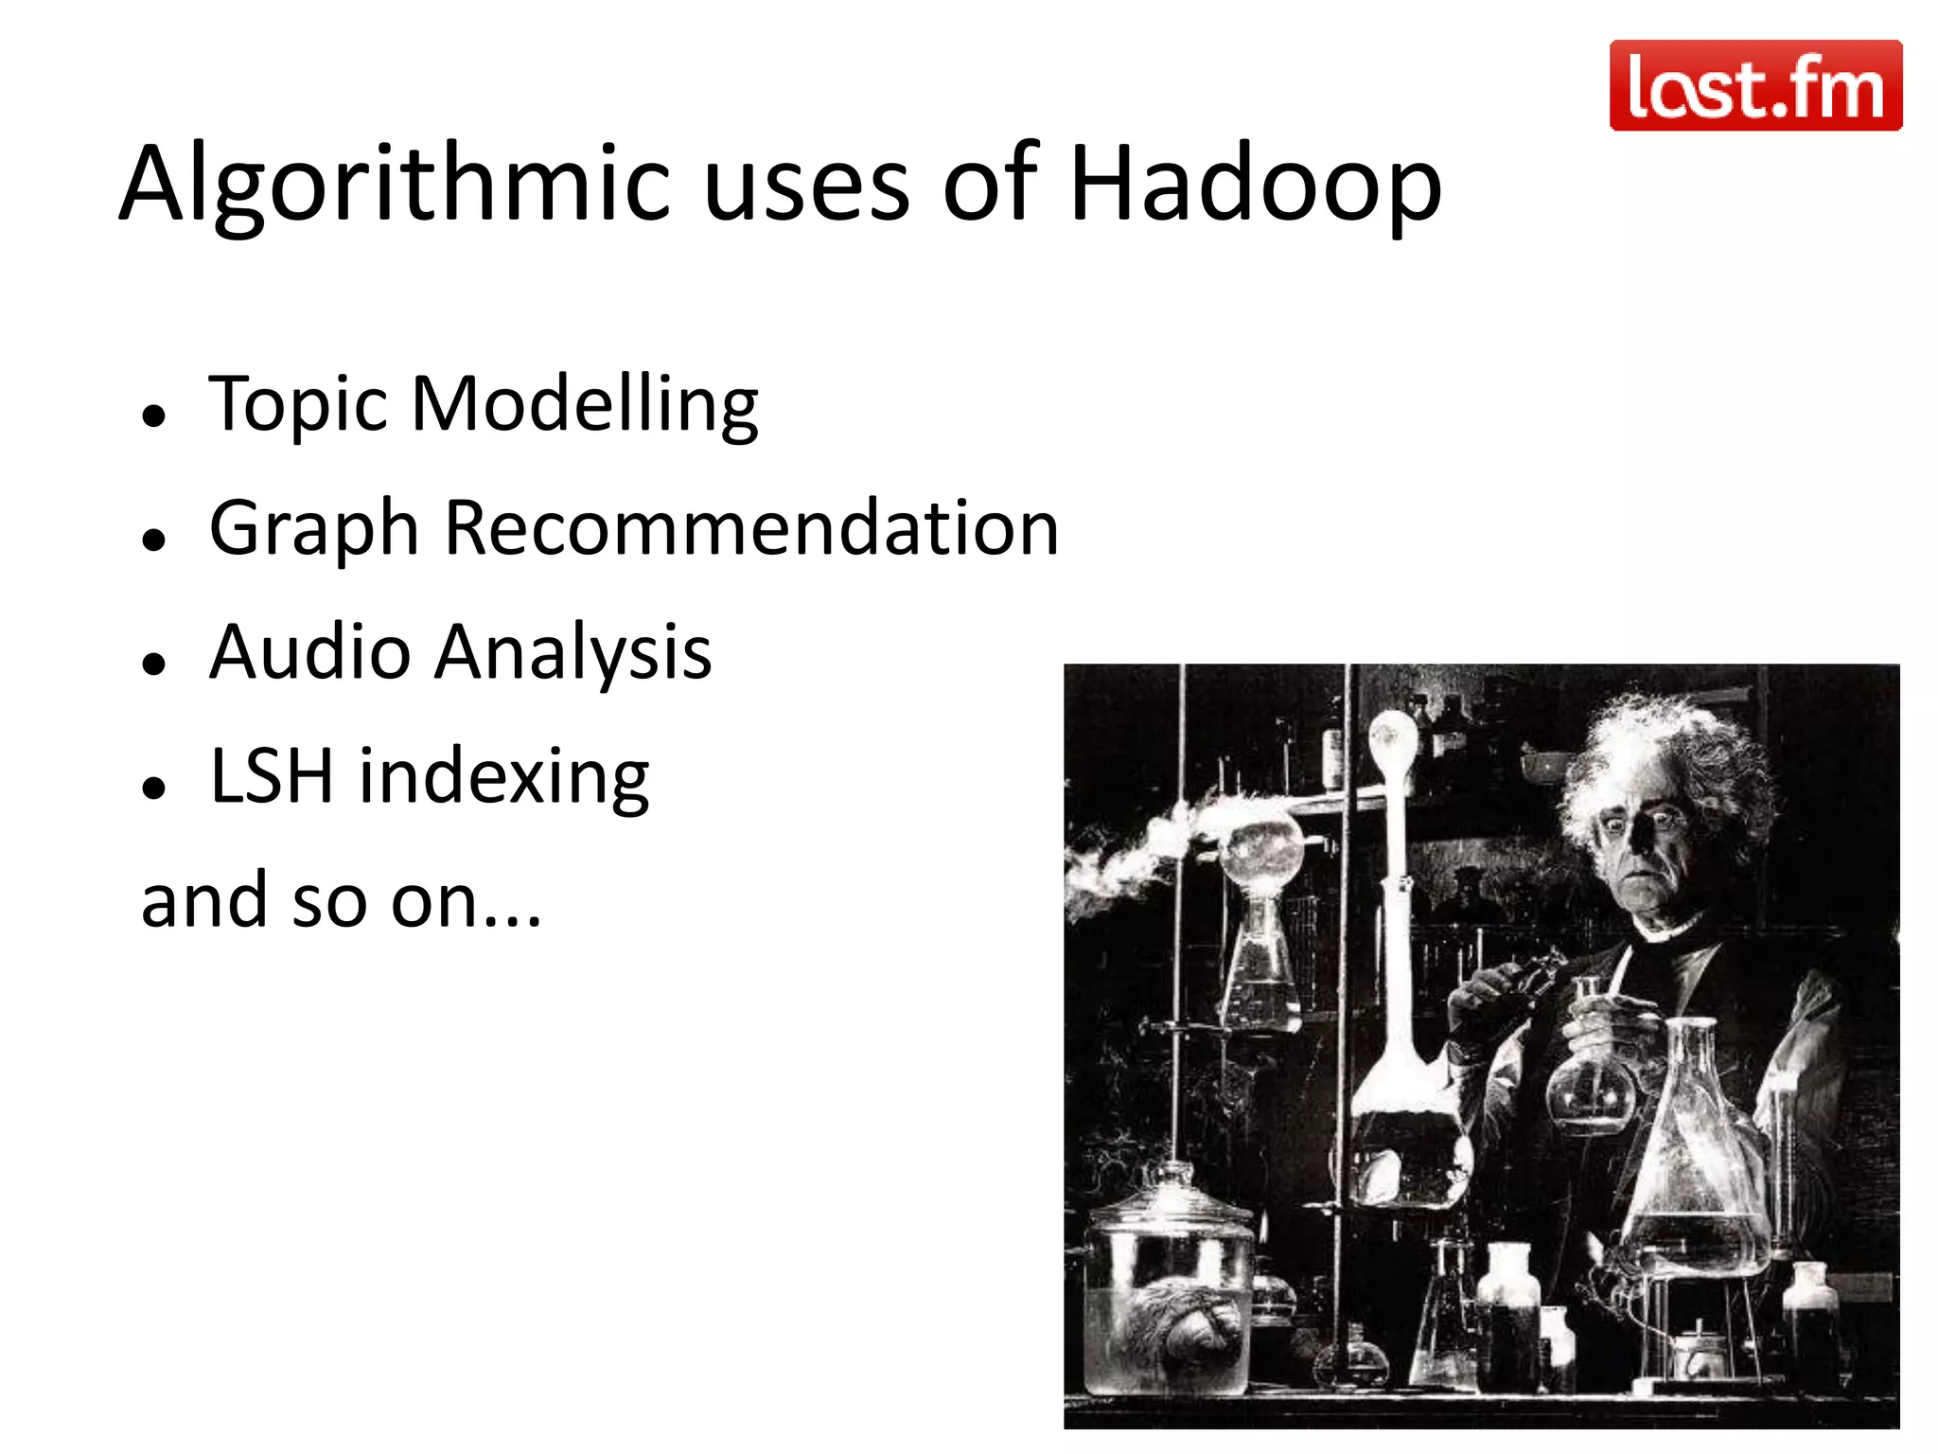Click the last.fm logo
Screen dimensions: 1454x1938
(x=1755, y=85)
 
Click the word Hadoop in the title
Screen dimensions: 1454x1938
(x=1255, y=185)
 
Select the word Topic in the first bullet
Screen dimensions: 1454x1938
(x=298, y=405)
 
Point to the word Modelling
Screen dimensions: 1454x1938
(x=585, y=405)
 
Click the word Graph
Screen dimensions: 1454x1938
(x=313, y=530)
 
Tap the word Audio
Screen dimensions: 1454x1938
(x=309, y=652)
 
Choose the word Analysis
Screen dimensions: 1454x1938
(x=573, y=654)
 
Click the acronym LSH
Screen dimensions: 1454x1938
(x=272, y=776)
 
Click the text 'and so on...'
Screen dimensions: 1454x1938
(x=341, y=901)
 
